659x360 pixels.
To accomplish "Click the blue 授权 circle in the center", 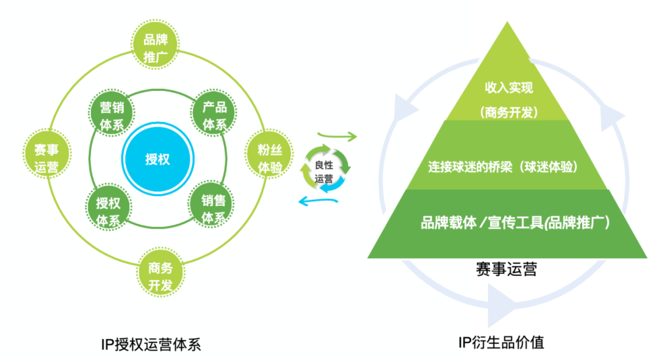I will pyautogui.click(x=157, y=160).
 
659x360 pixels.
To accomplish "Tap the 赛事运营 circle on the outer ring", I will pyautogui.click(x=47, y=158).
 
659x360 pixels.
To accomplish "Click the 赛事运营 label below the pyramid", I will pyautogui.click(x=506, y=268).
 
